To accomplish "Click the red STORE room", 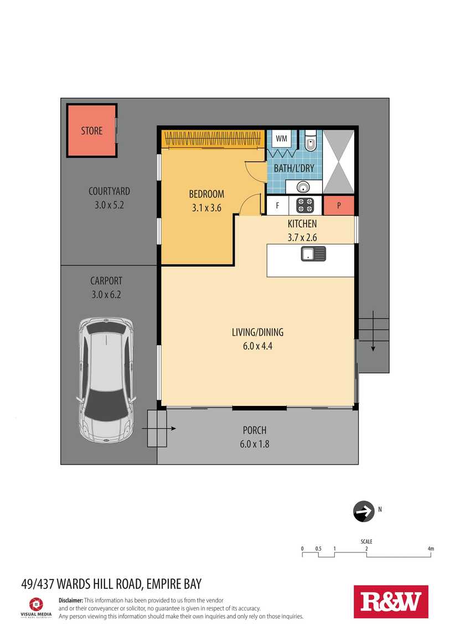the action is pos(92,131).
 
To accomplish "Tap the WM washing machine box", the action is pos(281,139).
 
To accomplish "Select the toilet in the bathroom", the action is pos(311,140).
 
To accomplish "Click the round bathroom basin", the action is pos(303,187).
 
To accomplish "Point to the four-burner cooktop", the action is pos(305,205).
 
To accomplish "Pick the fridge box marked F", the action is pos(277,206).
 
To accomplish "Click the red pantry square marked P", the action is pos(339,206).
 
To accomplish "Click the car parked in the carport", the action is pos(106,379).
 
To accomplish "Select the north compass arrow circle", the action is pos(364,511).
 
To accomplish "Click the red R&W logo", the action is pos(391,602).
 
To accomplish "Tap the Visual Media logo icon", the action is pos(36,604).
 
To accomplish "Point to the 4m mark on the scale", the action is pos(431,549).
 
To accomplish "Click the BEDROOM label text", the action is pos(206,194).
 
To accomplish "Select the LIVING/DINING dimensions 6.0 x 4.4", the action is pos(258,346).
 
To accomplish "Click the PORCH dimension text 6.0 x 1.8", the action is pos(255,444).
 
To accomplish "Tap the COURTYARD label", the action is pos(109,191).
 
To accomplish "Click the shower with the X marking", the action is pos(338,161).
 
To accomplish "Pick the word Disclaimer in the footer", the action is pos(71,600).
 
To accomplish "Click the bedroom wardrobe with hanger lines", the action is pos(213,139).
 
